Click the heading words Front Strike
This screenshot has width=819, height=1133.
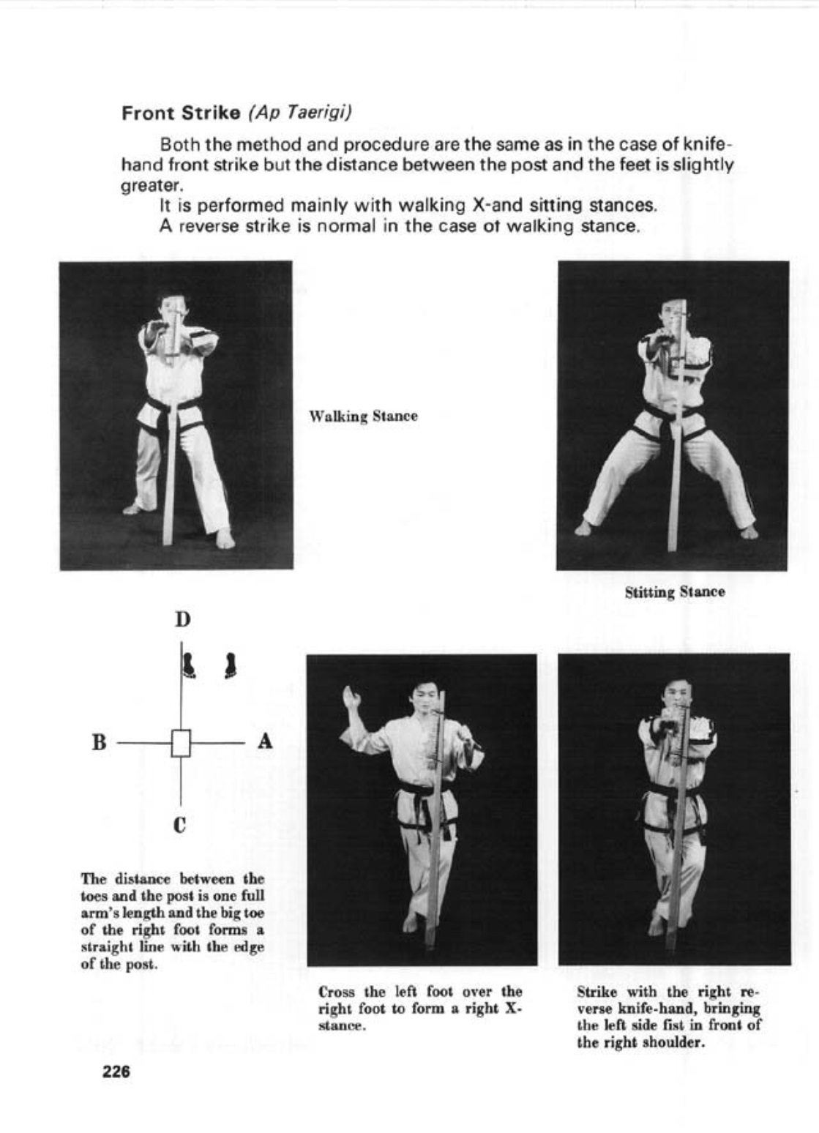tap(181, 113)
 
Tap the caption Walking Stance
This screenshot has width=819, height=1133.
tap(363, 416)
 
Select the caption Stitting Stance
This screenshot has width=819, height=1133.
tap(675, 592)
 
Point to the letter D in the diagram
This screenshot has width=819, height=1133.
tap(182, 620)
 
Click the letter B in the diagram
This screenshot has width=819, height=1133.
tap(99, 742)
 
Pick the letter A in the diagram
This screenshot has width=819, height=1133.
tap(265, 741)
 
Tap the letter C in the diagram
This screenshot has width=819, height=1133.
tap(180, 826)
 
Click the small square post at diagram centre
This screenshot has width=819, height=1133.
tap(181, 743)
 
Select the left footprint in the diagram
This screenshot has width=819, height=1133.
tap(189, 665)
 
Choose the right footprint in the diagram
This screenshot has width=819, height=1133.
tap(231, 665)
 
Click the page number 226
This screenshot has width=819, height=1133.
tap(116, 1072)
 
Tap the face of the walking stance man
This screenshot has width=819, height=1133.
tap(169, 307)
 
